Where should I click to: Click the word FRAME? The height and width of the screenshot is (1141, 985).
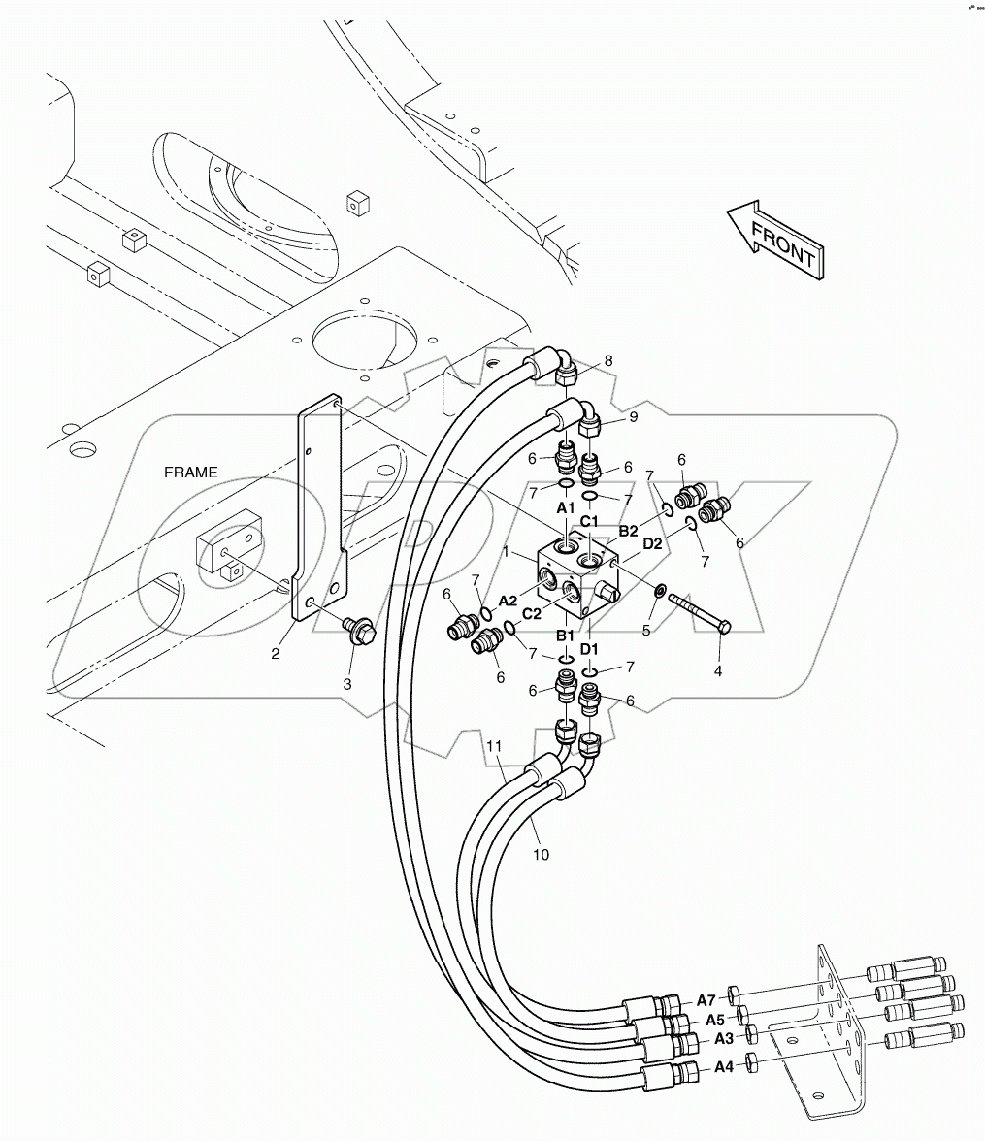[x=190, y=473]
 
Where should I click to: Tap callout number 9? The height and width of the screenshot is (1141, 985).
[x=633, y=417]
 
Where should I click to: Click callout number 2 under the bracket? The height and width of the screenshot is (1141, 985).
[x=276, y=653]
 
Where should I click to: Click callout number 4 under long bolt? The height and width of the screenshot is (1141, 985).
[x=717, y=669]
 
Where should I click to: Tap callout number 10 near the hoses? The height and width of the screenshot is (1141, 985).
[x=542, y=854]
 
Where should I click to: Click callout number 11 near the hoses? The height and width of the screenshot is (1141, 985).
[x=495, y=746]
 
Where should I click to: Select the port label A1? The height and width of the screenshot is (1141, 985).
[x=565, y=507]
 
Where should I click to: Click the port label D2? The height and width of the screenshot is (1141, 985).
[x=651, y=543]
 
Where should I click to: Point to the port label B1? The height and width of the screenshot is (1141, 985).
[x=564, y=636]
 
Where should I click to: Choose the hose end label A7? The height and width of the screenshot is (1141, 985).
[x=706, y=1000]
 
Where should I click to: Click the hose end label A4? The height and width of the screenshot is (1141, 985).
[x=723, y=1067]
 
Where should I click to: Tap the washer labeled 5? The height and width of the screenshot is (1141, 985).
[x=659, y=591]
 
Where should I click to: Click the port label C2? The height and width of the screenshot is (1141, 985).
[x=532, y=612]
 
